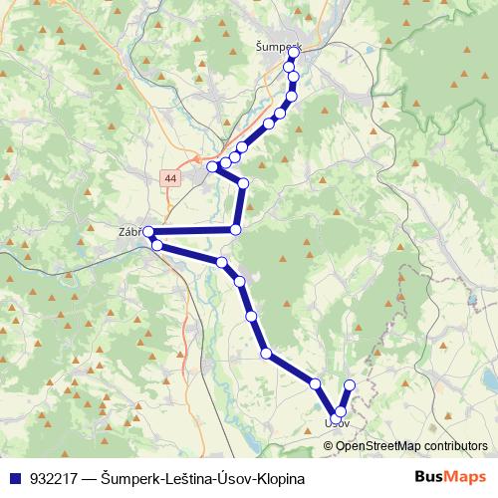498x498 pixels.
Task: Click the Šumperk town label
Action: (277, 47)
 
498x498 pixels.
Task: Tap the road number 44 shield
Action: (172, 178)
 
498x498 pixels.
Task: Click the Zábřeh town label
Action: (131, 231)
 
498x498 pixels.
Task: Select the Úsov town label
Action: (337, 423)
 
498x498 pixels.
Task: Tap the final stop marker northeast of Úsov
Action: (350, 385)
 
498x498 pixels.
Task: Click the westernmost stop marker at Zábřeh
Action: (147, 232)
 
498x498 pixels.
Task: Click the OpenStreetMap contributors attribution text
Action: (411, 446)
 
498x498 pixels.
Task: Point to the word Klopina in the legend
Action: (275, 478)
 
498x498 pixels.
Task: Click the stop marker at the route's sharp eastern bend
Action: (243, 182)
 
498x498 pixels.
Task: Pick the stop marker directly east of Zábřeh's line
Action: (235, 230)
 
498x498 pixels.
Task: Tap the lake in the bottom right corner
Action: (489, 379)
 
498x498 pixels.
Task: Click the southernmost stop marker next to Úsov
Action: (341, 411)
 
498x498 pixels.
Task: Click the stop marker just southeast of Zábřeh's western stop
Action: (157, 245)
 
